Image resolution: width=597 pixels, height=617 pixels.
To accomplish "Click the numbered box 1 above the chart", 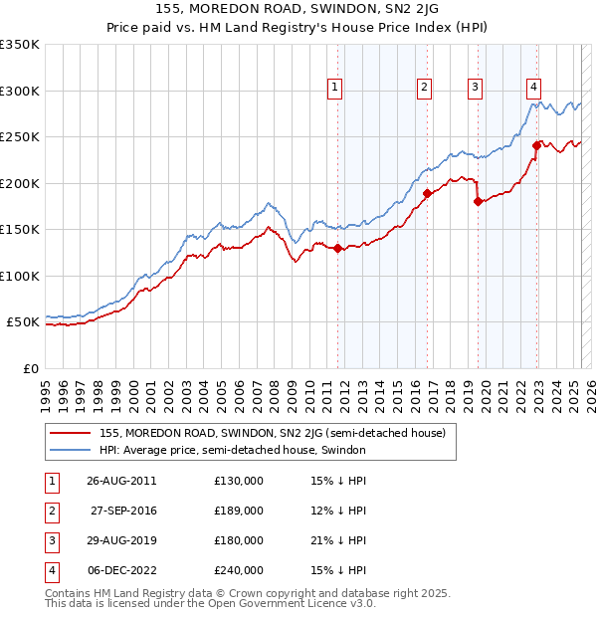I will click(333, 88).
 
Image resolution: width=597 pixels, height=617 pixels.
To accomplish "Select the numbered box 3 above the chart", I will click(475, 88).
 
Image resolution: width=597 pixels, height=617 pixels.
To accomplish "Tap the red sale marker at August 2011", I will click(338, 249).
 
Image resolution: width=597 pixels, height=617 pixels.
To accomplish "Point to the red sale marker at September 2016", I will click(428, 193).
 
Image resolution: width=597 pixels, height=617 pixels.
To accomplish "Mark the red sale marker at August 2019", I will click(479, 201).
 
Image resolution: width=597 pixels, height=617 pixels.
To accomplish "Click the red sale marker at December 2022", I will click(536, 145).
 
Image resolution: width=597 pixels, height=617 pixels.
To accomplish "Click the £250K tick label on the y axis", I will click(20, 137).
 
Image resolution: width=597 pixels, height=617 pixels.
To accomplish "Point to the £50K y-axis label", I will click(24, 322).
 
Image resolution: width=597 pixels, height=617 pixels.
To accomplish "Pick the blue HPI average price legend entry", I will click(233, 450).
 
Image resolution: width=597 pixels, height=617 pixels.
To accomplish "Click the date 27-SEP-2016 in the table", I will click(123, 511).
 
